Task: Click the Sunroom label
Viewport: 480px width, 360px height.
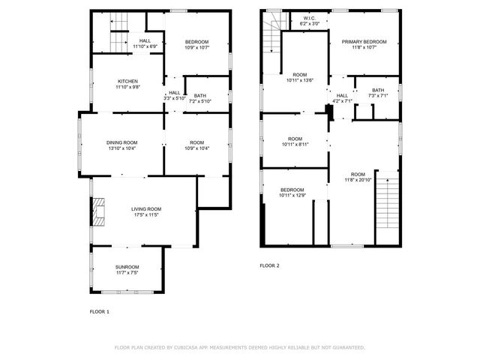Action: click(127, 266)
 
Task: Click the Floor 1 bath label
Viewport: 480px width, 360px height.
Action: click(199, 95)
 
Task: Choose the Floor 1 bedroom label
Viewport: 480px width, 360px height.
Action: click(197, 41)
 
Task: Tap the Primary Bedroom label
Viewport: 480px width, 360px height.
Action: click(364, 42)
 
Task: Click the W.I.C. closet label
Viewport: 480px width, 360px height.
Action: click(310, 18)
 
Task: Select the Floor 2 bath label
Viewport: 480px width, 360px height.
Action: click(377, 90)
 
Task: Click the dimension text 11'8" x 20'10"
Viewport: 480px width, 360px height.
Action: click(358, 180)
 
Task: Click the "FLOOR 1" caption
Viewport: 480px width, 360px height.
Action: click(100, 311)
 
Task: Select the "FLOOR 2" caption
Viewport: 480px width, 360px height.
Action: click(269, 265)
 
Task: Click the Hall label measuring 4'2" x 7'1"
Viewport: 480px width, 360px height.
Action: click(342, 100)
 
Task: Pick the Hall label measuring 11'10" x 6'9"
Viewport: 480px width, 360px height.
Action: click(145, 46)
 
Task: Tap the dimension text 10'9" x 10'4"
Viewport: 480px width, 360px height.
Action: click(197, 148)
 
